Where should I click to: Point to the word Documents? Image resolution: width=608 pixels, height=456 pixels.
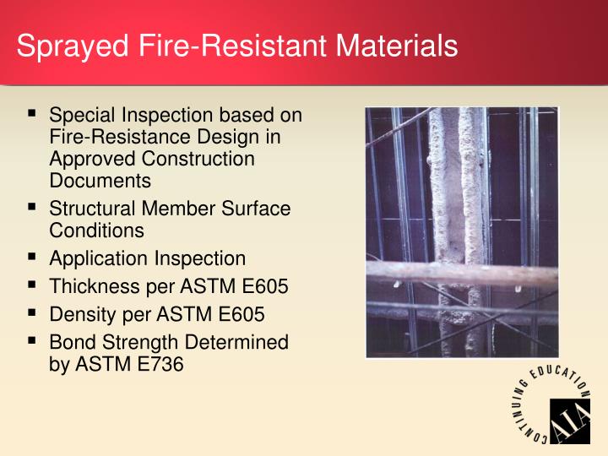point(100,180)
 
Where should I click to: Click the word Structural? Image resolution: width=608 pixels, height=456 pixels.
point(95,208)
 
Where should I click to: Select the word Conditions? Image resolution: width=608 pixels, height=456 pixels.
point(96,230)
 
